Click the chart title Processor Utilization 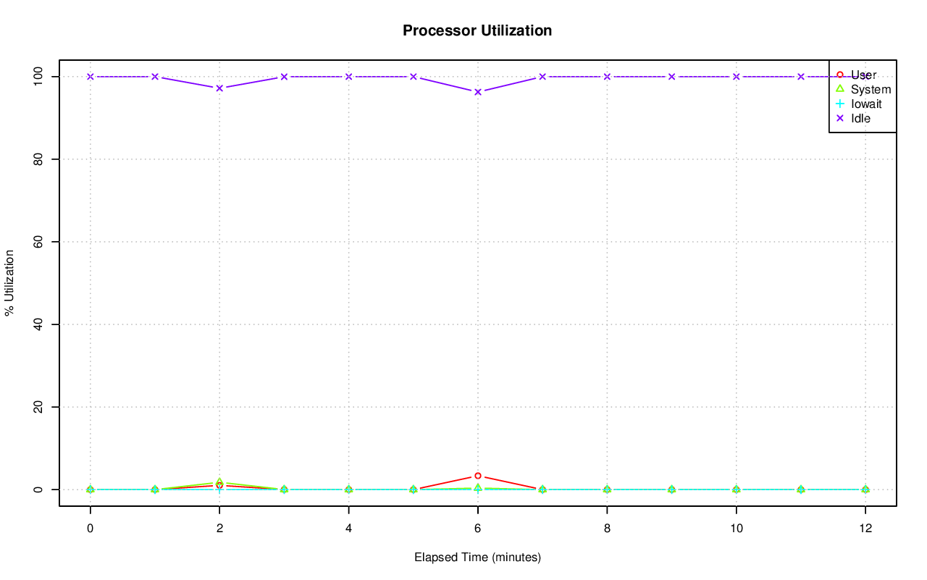coord(477,30)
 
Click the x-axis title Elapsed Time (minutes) coord(477,558)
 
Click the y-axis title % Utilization coord(10,282)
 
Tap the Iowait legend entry coord(866,104)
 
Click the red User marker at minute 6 coord(478,476)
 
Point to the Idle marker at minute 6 coord(478,92)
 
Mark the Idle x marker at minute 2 coord(219,88)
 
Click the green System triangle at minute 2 coord(219,482)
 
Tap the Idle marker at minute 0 coord(91,77)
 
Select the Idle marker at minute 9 coord(671,77)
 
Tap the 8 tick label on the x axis coord(607,529)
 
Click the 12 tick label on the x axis coord(865,529)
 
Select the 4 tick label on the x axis coord(348,529)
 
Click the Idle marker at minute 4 coord(348,77)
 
